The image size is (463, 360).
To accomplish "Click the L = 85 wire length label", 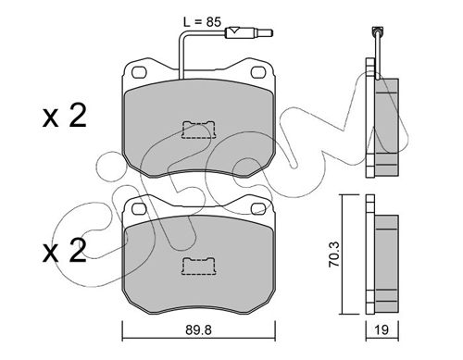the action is (202, 22).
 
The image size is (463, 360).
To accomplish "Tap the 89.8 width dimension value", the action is (198, 329).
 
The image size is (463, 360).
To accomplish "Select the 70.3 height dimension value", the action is (334, 254).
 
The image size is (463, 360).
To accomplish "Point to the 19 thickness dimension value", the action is (382, 329).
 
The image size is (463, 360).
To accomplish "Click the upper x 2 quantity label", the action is (64, 116).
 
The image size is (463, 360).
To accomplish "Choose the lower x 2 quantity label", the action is (64, 251).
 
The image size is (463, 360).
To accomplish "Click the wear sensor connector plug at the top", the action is (249, 32).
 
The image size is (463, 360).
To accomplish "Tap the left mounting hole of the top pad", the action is (139, 72).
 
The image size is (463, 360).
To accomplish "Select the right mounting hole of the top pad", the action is (258, 72).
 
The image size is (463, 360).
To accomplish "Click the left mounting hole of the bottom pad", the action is (139, 208).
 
